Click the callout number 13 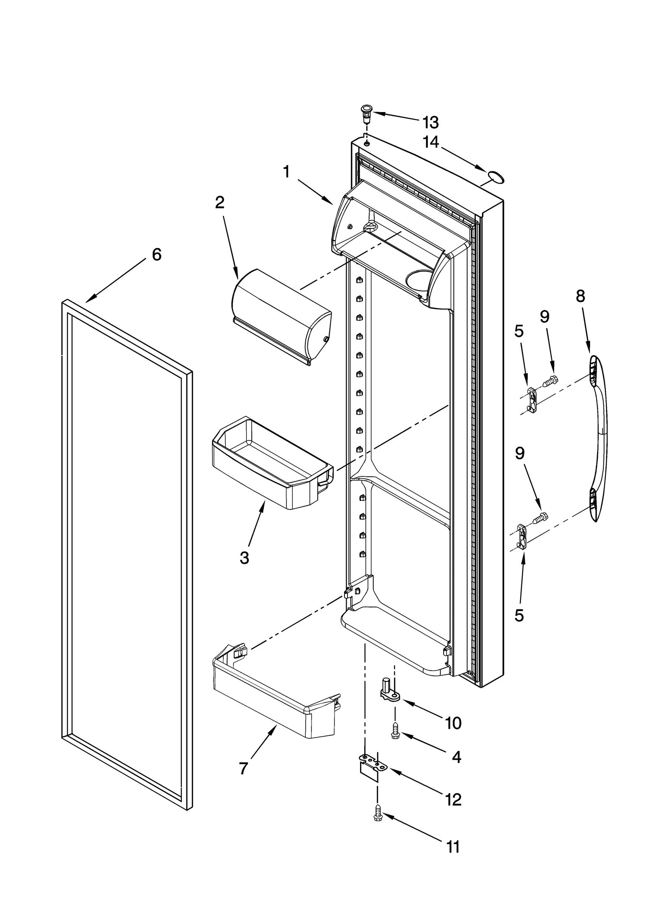click(x=430, y=123)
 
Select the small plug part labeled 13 click(x=366, y=113)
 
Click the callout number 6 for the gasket click(x=156, y=254)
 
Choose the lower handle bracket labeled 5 click(x=522, y=537)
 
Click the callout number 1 click(x=286, y=171)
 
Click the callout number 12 click(x=453, y=799)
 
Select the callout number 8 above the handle click(x=580, y=296)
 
